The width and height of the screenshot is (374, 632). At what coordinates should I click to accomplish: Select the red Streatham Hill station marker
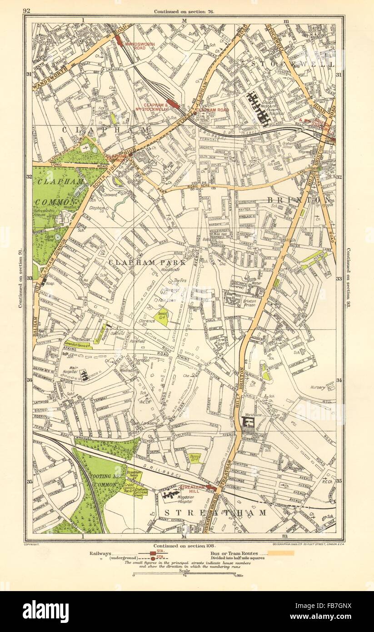coord(211,488)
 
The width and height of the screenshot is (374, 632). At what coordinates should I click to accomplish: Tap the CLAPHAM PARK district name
coord(147,262)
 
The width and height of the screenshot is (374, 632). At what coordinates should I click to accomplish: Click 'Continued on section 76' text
coord(184,11)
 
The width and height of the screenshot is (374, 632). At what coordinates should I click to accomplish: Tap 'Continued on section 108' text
coord(184,546)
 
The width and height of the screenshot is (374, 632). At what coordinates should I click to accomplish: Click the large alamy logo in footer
coord(45,612)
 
